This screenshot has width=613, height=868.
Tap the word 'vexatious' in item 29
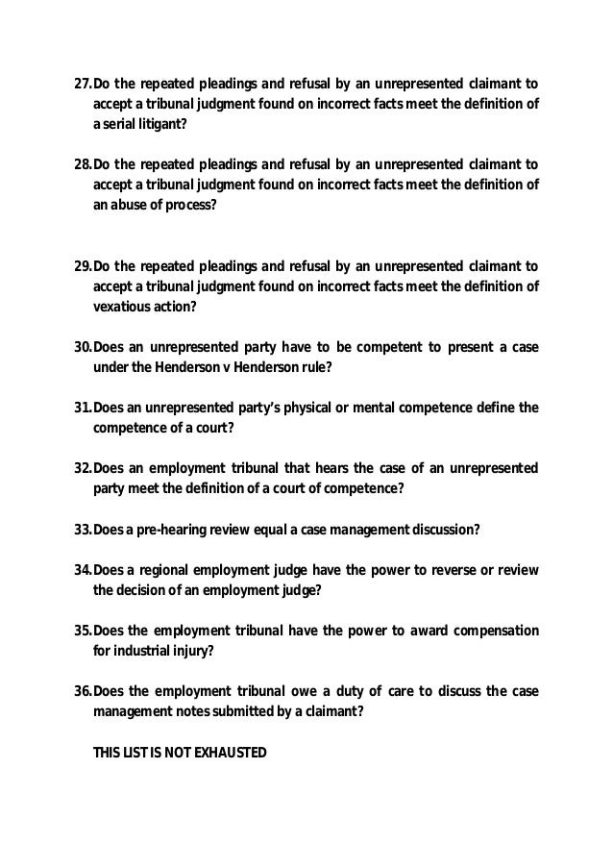pyautogui.click(x=119, y=307)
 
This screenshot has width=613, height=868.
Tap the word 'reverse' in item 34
pyautogui.click(x=455, y=571)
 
